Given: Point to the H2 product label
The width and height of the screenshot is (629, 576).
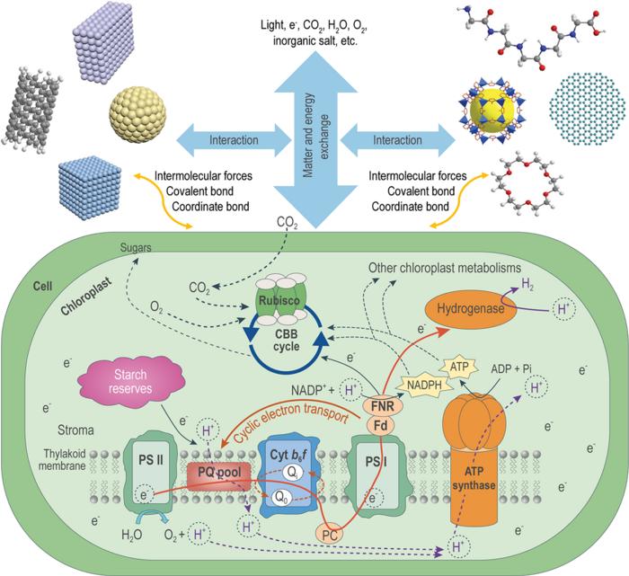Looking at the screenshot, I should [530, 282].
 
